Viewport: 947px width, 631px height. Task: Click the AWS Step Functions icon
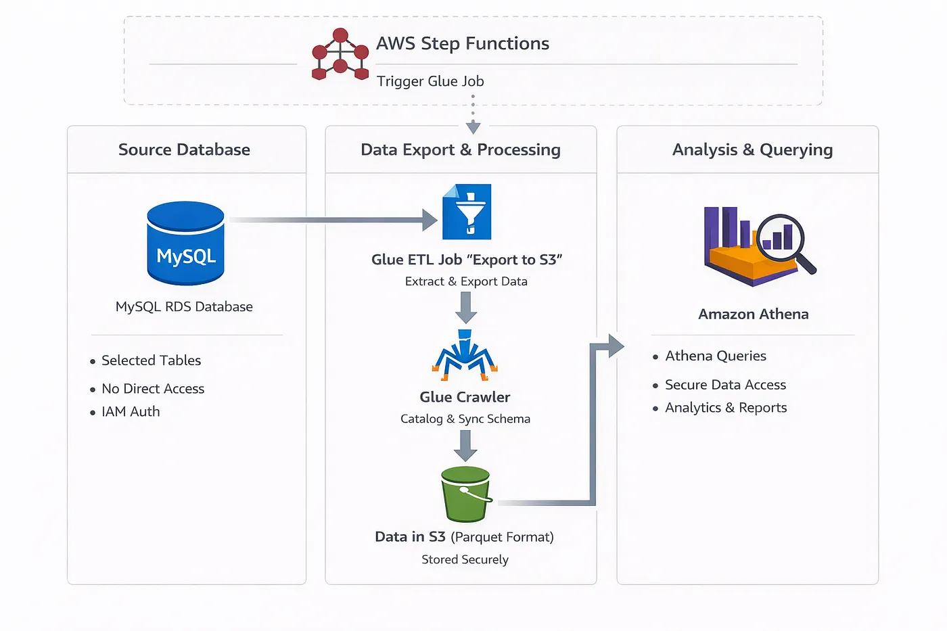340,54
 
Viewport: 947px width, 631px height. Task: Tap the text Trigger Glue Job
430,81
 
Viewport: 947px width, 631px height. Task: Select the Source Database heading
184,149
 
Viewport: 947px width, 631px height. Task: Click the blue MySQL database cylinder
186,243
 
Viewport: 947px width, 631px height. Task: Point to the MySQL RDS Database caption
184,306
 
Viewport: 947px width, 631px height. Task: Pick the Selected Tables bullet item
151,360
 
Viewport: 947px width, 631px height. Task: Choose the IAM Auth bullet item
131,412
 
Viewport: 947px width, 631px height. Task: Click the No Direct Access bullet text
153,389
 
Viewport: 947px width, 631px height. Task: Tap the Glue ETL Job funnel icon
467,212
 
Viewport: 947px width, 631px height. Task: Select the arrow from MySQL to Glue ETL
331,220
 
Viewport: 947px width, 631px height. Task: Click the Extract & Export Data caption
466,281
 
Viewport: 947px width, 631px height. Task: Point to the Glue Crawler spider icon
465,354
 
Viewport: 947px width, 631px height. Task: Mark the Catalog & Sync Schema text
465,419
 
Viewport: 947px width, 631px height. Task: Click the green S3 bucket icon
465,494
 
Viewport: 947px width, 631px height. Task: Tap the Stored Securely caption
465,559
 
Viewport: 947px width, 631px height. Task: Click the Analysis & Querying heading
752,149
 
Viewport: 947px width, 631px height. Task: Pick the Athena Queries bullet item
716,356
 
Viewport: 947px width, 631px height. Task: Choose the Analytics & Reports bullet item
726,408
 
